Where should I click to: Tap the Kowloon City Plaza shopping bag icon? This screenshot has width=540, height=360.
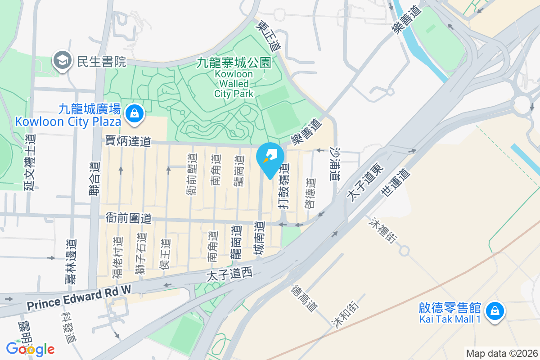[x=134, y=114]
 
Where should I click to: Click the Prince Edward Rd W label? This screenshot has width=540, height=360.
[x=78, y=299]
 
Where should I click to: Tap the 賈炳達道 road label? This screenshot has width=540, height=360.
[x=128, y=141]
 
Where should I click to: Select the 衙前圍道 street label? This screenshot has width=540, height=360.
[x=128, y=218]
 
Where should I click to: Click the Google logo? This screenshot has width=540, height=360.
[x=30, y=348]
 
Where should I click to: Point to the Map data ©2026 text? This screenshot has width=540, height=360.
[x=502, y=353]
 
